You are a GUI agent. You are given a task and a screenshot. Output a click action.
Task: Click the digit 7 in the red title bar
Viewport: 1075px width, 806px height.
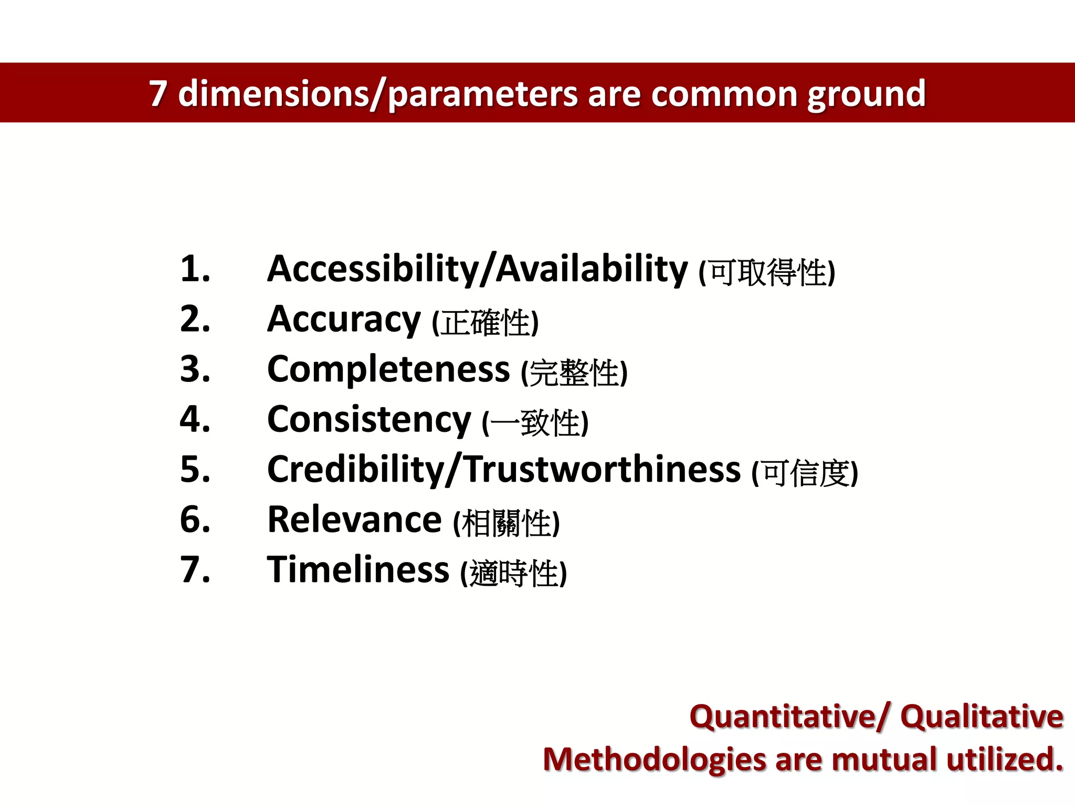click(157, 93)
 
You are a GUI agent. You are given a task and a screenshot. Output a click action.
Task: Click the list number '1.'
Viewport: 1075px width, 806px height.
click(195, 269)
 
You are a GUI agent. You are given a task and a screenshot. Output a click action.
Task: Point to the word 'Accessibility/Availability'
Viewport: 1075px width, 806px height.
click(477, 269)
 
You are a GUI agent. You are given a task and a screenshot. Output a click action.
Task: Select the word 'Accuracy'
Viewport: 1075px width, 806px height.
click(344, 320)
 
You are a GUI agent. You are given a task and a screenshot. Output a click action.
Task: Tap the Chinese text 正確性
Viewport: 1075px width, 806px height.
click(485, 323)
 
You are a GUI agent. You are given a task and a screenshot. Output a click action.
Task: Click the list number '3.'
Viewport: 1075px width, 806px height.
click(195, 369)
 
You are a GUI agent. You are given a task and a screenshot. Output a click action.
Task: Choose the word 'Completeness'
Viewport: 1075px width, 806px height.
click(388, 369)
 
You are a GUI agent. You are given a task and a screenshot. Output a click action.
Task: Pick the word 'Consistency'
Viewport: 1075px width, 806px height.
click(369, 420)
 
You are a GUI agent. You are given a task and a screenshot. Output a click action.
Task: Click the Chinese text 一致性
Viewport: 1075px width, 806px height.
click(535, 423)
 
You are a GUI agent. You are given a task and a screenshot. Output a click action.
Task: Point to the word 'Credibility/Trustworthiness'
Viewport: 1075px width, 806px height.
click(503, 470)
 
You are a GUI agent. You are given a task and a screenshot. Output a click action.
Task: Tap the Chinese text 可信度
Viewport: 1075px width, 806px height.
click(805, 473)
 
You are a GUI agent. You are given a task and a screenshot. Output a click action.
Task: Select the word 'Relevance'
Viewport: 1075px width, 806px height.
click(354, 519)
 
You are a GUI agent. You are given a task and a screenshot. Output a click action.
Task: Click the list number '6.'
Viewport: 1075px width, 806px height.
click(195, 519)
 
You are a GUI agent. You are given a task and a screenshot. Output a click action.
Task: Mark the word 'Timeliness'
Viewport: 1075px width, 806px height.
click(358, 570)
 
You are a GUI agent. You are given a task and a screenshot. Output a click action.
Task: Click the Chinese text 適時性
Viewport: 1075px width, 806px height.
click(513, 573)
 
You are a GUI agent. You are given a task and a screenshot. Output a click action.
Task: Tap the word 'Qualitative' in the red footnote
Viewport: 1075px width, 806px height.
click(982, 717)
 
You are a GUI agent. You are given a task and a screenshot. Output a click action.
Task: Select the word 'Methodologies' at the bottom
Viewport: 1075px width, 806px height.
click(654, 760)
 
